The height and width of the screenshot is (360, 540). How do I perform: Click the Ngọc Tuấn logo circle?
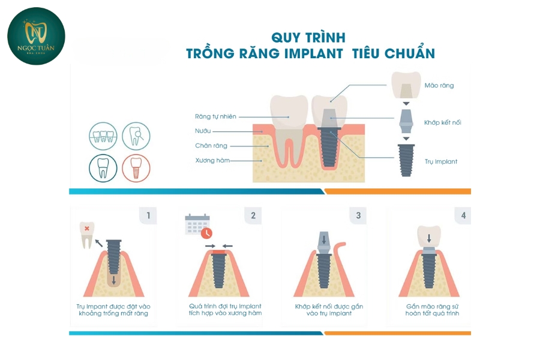coord(36,36)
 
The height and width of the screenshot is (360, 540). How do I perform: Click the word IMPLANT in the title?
coord(313,53)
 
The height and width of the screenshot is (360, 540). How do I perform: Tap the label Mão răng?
coord(439,85)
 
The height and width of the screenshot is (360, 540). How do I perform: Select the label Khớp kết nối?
coord(443,122)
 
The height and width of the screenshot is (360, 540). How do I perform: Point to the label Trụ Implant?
coord(441,161)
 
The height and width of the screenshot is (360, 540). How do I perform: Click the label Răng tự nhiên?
coord(215,116)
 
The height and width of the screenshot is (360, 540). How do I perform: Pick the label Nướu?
coord(203,131)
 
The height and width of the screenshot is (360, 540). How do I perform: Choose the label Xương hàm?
coord(212,160)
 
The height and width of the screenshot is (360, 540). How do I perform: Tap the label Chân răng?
coord(211,146)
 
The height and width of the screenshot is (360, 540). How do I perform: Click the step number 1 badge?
coord(148,215)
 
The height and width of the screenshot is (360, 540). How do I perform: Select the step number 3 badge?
coord(358,215)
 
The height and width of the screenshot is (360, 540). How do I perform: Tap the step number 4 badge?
coord(463,215)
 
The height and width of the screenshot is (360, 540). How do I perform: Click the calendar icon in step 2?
coord(197,224)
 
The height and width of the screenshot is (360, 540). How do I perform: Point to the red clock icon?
coord(206,233)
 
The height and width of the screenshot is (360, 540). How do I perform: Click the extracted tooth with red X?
coord(87,235)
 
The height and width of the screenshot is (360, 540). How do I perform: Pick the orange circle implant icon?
coord(136,168)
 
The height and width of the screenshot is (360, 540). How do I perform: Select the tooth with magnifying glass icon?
coord(136,136)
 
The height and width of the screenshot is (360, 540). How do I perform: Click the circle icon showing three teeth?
coord(103,136)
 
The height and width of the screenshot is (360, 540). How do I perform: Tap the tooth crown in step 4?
coord(429,236)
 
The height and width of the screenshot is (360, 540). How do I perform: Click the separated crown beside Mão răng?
coord(406,85)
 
